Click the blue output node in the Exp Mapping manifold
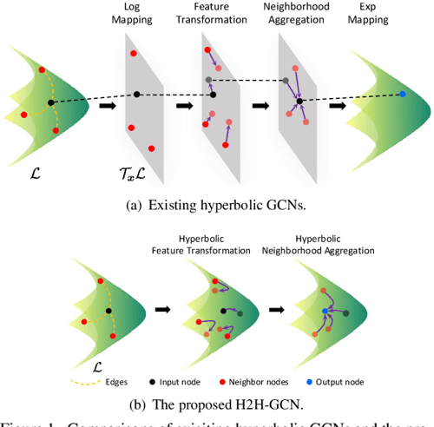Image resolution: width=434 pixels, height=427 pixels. click(x=401, y=94)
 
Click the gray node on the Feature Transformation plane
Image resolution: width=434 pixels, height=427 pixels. click(x=209, y=80)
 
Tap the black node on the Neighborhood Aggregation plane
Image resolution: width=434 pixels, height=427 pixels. click(x=298, y=102)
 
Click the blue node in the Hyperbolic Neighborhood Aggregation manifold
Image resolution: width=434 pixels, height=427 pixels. click(x=325, y=310)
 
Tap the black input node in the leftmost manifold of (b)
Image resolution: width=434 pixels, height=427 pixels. click(x=108, y=310)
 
